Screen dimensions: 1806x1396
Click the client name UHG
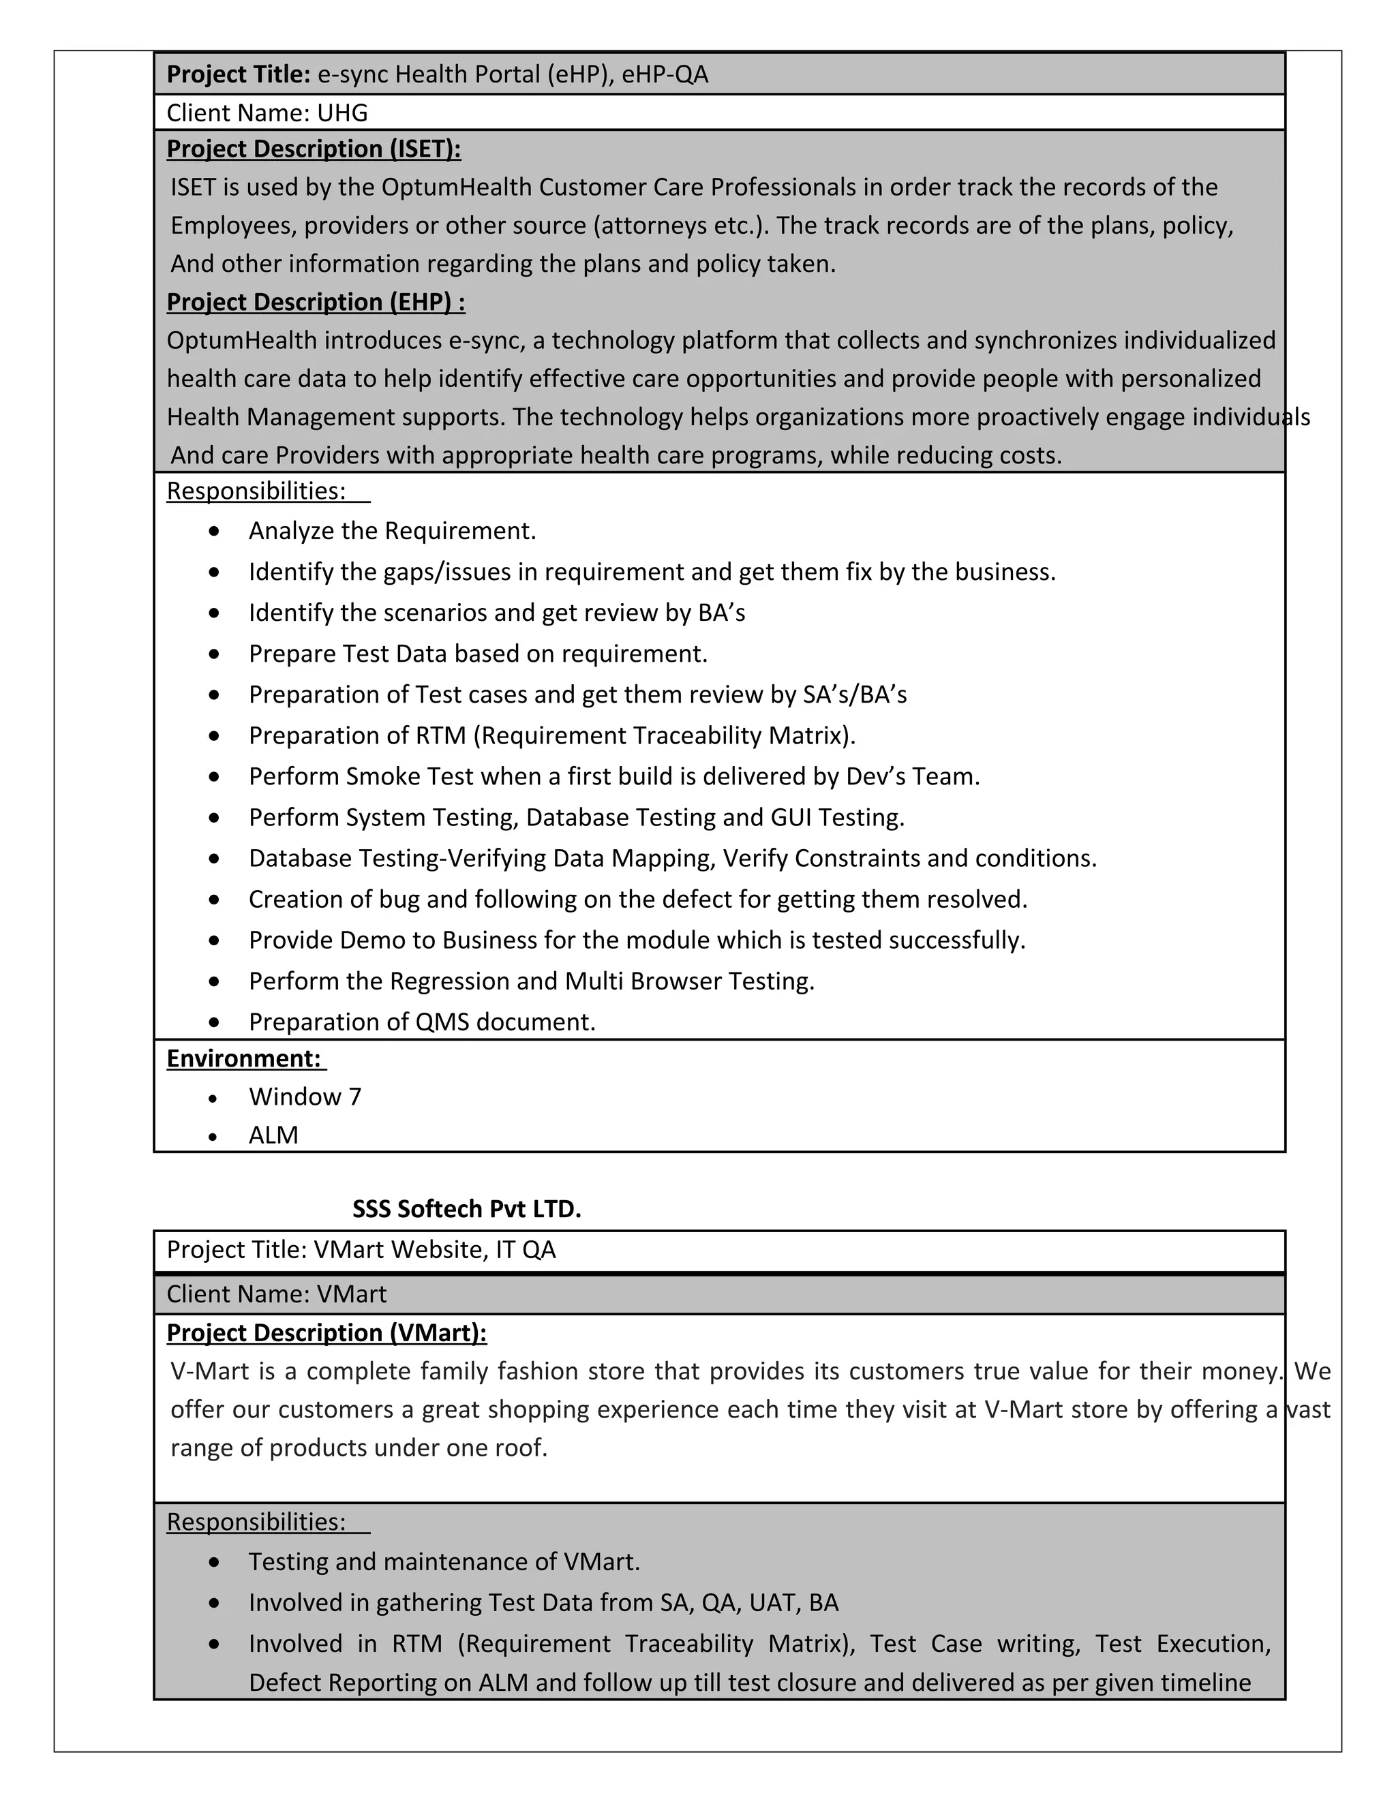(x=342, y=112)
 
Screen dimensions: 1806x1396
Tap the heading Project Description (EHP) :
(x=315, y=302)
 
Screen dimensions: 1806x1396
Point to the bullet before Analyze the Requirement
(x=215, y=531)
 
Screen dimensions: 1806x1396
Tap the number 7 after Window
(x=354, y=1097)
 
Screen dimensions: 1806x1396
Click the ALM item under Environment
(x=273, y=1135)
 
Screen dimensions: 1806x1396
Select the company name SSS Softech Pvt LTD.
(x=466, y=1209)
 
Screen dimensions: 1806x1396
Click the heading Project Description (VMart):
(x=327, y=1333)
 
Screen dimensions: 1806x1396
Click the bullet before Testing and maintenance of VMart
(x=215, y=1562)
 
